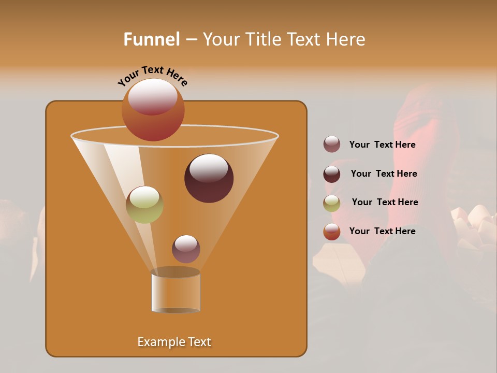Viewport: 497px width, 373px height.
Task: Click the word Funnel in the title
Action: pos(151,39)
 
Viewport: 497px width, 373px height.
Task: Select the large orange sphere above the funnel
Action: pos(153,110)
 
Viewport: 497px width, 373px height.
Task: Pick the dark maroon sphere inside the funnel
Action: pos(209,178)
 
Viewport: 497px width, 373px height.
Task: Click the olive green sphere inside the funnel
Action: pos(144,204)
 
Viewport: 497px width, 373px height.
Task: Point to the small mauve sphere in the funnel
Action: pos(186,249)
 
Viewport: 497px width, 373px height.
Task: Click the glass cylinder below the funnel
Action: pos(176,291)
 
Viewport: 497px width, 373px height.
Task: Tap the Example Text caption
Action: pos(174,342)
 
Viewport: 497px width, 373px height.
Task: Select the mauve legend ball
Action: pos(332,145)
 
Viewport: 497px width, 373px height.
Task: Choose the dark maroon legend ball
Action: pos(332,174)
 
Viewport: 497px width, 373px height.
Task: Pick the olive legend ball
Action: pos(332,203)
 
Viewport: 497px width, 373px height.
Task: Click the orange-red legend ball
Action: pos(332,232)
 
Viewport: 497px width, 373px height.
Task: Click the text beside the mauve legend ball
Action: pos(382,145)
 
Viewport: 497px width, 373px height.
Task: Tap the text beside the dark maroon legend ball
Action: pos(384,174)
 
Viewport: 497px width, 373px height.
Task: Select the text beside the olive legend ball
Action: pos(385,203)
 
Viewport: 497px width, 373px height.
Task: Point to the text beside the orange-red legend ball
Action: pos(382,231)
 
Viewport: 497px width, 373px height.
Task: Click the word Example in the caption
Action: pos(157,342)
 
